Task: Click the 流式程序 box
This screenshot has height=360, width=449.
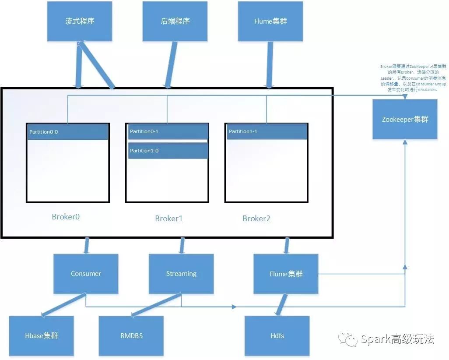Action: [80, 21]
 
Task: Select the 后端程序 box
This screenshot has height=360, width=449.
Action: [175, 21]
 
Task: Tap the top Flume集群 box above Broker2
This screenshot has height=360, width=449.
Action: [270, 21]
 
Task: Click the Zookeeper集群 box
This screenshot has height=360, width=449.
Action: [405, 119]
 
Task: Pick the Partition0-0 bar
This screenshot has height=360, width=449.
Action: [68, 132]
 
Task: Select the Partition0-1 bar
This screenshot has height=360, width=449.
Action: [168, 132]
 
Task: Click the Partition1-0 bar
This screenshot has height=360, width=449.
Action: [168, 151]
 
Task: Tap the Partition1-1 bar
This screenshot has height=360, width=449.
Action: [267, 132]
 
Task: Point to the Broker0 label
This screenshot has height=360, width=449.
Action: [66, 216]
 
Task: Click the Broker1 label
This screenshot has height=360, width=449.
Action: [169, 218]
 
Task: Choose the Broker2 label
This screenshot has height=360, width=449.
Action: [256, 218]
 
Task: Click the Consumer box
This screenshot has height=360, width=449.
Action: [86, 274]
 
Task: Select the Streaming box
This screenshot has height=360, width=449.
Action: [181, 274]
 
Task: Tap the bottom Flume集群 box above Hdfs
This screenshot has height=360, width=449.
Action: [286, 274]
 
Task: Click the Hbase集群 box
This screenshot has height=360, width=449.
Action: [42, 336]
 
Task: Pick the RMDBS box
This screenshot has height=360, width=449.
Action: [131, 336]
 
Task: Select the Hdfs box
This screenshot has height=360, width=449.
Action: [277, 336]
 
